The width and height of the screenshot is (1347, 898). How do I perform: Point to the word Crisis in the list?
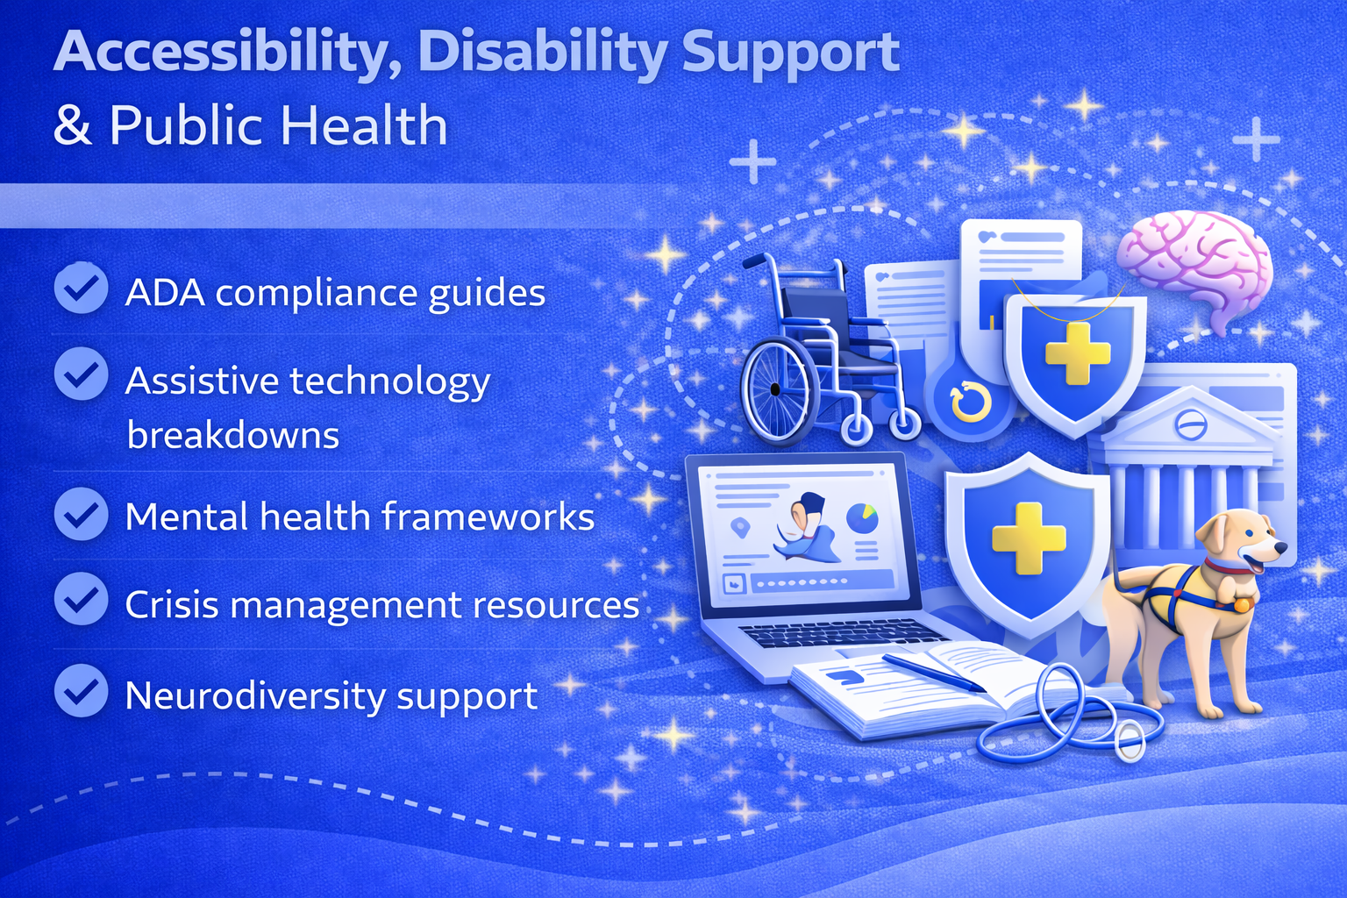(171, 604)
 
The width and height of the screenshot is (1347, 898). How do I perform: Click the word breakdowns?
(232, 434)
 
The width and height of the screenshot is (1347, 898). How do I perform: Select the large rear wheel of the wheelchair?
(776, 389)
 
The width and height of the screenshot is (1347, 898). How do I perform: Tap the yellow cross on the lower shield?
(1029, 538)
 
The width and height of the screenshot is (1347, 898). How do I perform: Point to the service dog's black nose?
(1281, 547)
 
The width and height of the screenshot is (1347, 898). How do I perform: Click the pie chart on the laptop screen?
(862, 518)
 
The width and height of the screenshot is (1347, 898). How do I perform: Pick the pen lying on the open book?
(933, 673)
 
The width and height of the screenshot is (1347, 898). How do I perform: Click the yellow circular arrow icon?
(970, 402)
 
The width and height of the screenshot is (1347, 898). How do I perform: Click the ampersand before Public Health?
(73, 126)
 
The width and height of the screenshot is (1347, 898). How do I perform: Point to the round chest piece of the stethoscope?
(1129, 742)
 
